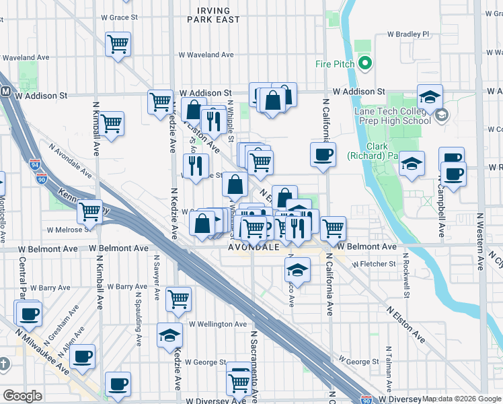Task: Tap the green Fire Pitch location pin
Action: (x=365, y=64)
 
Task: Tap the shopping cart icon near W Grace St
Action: (x=118, y=45)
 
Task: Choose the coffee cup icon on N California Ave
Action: (x=323, y=154)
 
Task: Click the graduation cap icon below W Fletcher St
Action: (x=296, y=271)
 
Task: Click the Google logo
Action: (x=22, y=396)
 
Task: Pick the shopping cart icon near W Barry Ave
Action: (x=178, y=298)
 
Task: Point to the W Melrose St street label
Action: (x=70, y=230)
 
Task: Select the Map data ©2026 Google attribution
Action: (x=461, y=398)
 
